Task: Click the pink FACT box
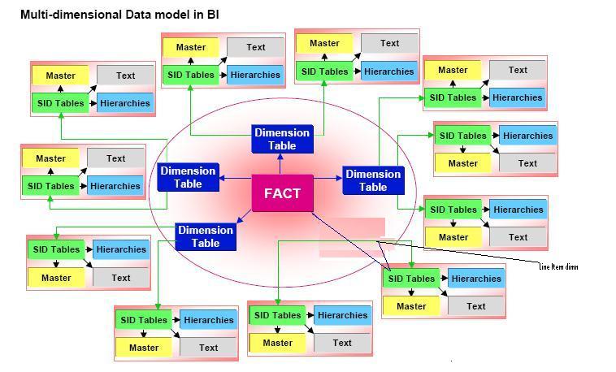click(x=282, y=193)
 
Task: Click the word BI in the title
click(x=213, y=15)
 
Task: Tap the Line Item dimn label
click(x=558, y=266)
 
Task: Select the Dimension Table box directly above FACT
click(x=282, y=139)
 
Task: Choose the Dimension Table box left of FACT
click(x=188, y=177)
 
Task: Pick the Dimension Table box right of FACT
click(x=373, y=180)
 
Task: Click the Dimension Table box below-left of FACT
click(x=206, y=236)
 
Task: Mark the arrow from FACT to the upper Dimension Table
click(x=282, y=164)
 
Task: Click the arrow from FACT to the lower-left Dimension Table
click(x=245, y=215)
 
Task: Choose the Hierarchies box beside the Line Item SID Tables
click(x=476, y=279)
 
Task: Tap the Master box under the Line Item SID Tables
click(x=411, y=306)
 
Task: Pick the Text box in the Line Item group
click(x=476, y=306)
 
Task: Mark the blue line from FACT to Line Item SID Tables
click(x=349, y=241)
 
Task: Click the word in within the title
click(x=194, y=15)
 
